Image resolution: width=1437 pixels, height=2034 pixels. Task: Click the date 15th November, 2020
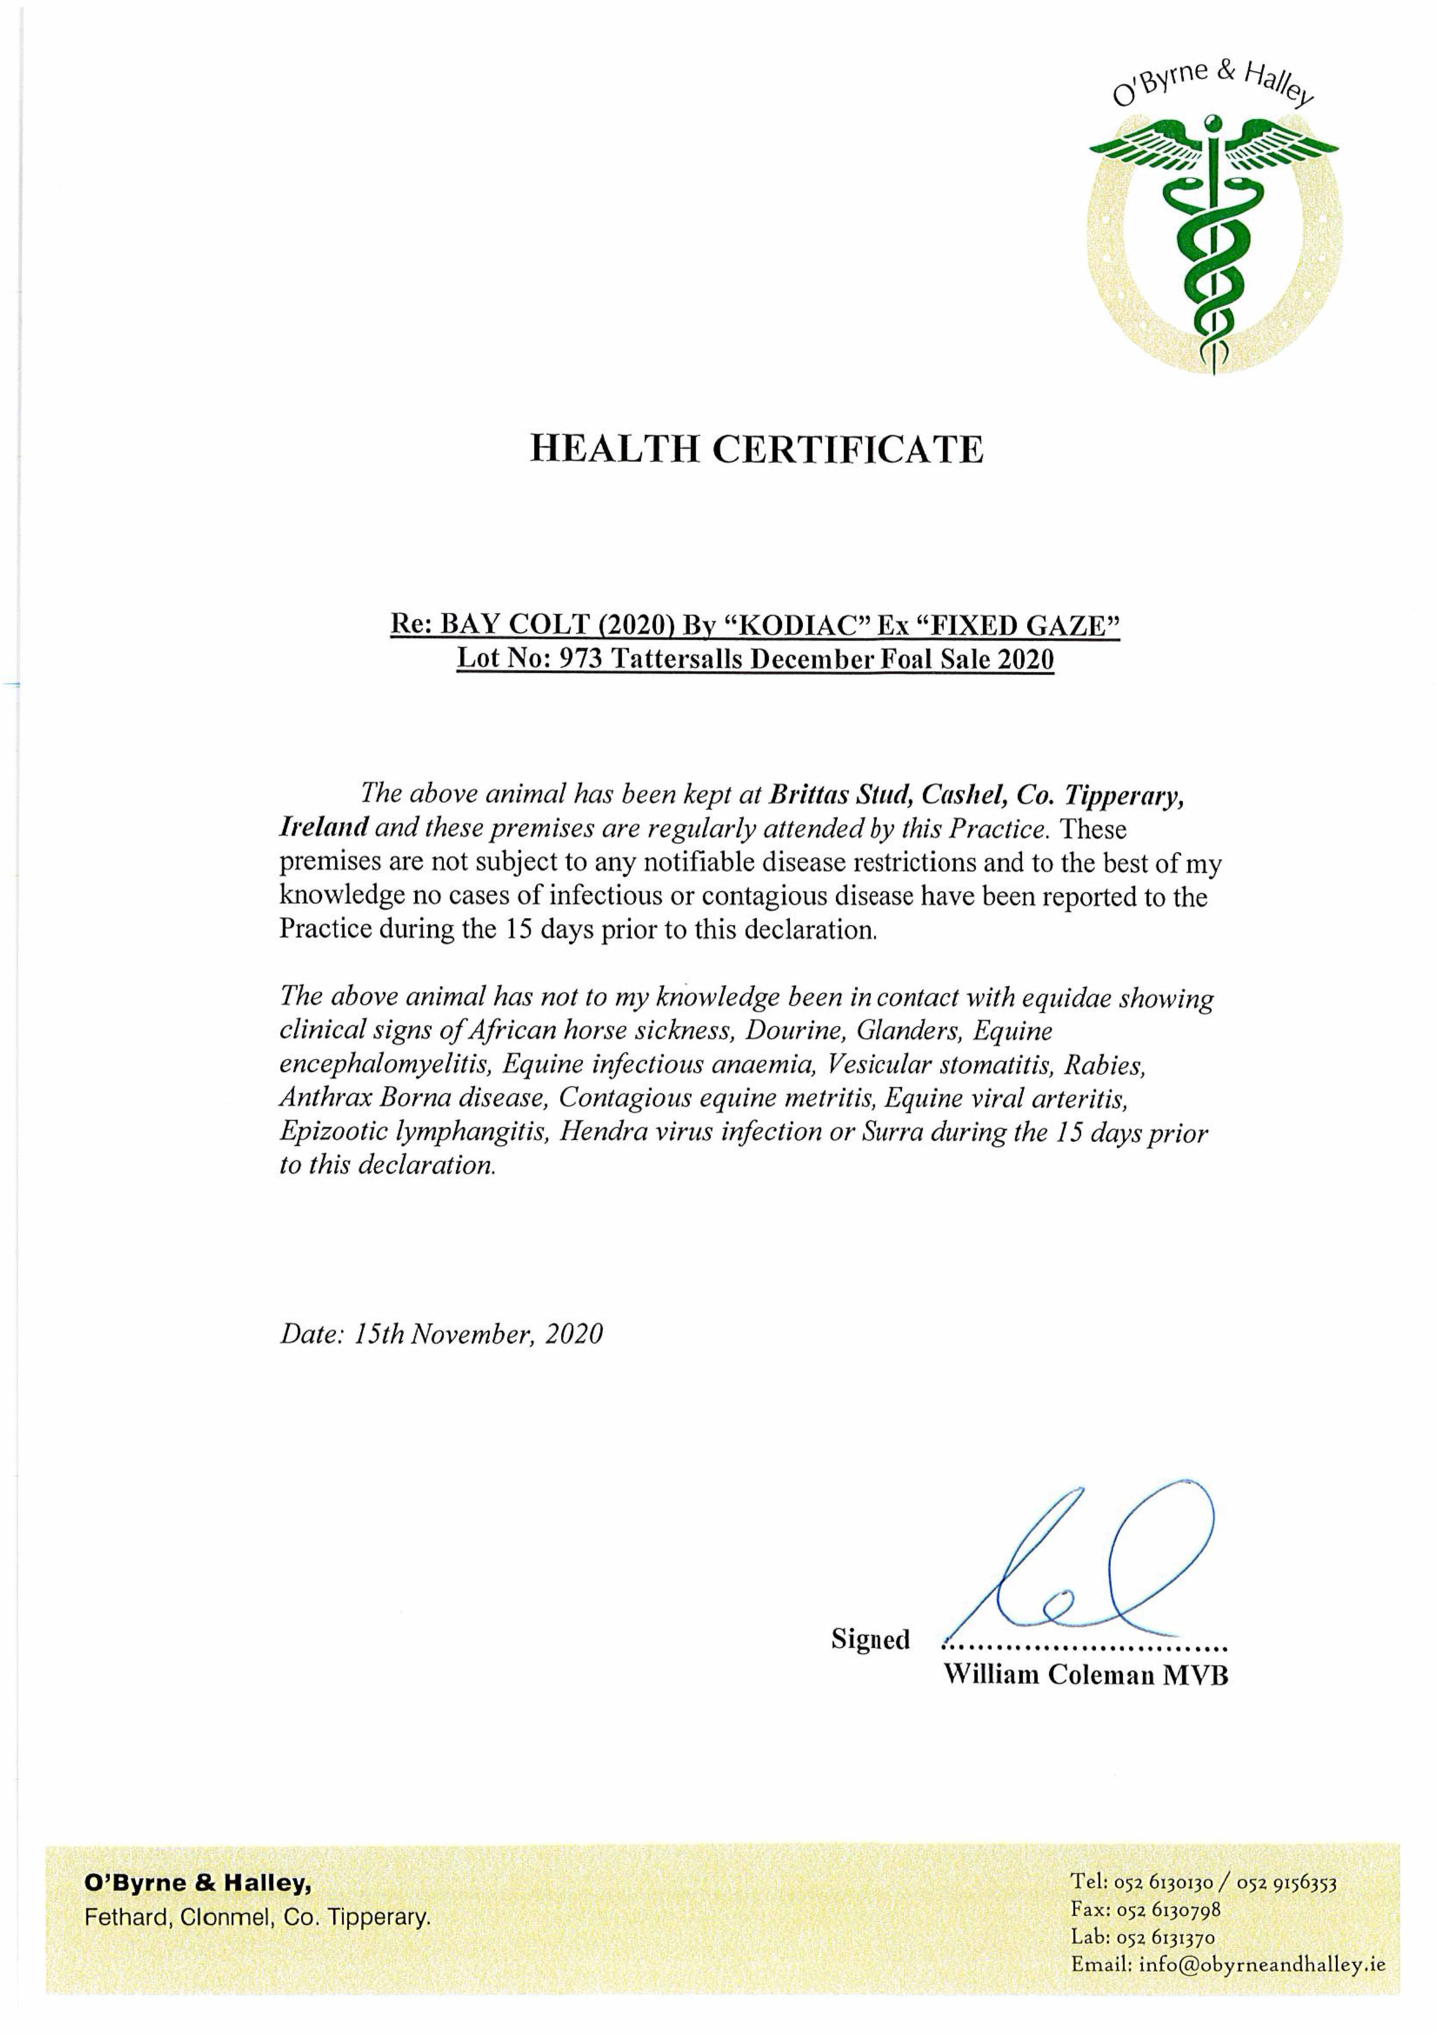pyautogui.click(x=478, y=1334)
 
